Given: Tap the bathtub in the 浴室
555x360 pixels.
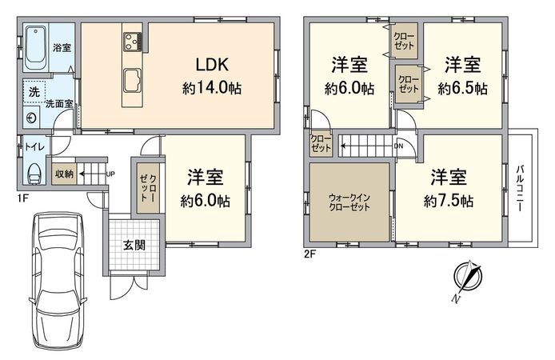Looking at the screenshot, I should [x=36, y=47].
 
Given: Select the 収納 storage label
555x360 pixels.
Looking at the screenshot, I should [x=65, y=173].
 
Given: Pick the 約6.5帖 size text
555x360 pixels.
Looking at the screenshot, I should [x=463, y=89].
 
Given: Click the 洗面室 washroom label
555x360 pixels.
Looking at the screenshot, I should [x=58, y=103].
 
